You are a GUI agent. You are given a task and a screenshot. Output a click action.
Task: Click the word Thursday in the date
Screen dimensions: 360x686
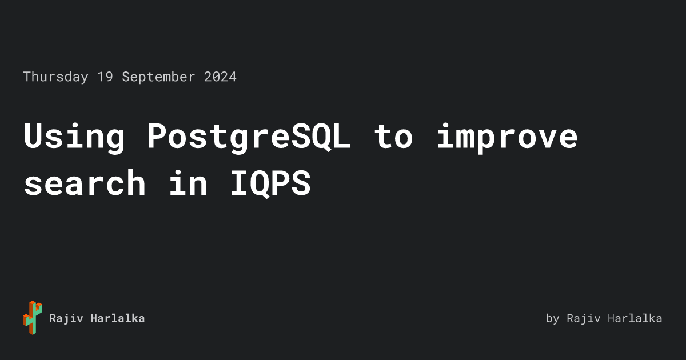point(56,77)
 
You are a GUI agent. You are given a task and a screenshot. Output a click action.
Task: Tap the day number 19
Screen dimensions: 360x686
point(105,77)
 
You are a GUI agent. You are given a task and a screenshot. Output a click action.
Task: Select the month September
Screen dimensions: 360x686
point(158,77)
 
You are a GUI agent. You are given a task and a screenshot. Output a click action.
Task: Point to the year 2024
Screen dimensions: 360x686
point(220,77)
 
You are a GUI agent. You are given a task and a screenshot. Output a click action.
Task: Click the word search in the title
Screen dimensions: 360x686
point(85,183)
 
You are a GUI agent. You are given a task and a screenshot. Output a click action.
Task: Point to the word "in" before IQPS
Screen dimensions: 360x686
point(188,183)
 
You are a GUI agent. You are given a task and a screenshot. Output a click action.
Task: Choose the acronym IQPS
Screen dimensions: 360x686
point(270,183)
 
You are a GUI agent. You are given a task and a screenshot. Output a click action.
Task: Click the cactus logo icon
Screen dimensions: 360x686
point(33,318)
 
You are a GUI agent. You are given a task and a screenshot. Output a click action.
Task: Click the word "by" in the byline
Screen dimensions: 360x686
point(553,319)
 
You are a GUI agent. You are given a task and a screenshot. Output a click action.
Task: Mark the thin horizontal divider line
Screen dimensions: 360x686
point(343,275)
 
